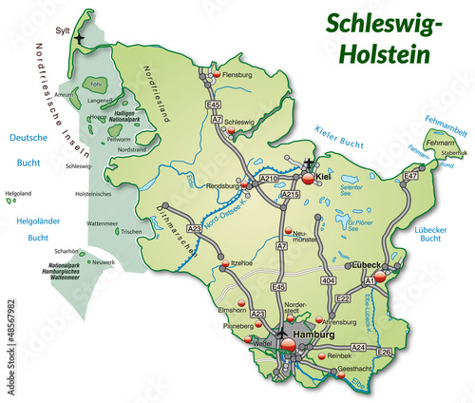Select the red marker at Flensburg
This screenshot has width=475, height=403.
tap(216, 74)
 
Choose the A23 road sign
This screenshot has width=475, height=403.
tap(193, 229)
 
